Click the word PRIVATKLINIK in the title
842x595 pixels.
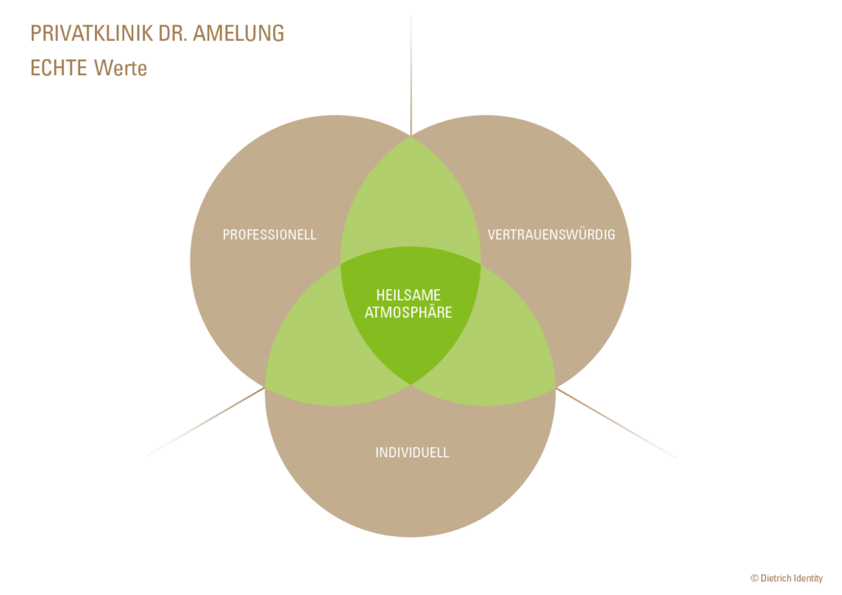[x=92, y=34]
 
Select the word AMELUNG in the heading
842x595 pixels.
[x=239, y=34]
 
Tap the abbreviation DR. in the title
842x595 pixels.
[x=173, y=34]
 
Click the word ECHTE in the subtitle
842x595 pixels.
[x=59, y=68]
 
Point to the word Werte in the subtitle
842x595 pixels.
[x=120, y=68]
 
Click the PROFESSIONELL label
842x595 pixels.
[x=270, y=235]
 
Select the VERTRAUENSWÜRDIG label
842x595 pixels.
[x=552, y=235]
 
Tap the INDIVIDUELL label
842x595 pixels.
[x=412, y=453]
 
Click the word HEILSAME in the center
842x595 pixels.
[x=408, y=295]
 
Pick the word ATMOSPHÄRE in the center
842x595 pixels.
[x=408, y=312]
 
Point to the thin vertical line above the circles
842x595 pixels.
[x=411, y=75]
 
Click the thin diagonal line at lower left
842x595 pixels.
[x=205, y=422]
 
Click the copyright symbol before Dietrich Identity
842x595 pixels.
[x=754, y=579]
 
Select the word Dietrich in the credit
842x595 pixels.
[x=776, y=579]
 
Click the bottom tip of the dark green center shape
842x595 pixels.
[x=411, y=384]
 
